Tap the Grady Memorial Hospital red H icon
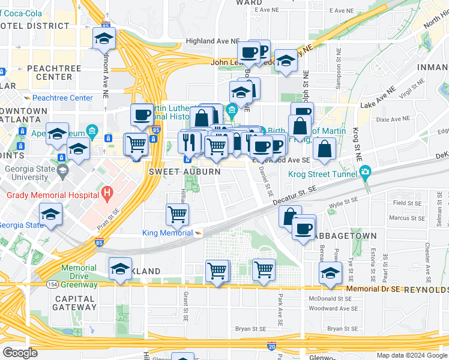click(107, 194)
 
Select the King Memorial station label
click(167, 233)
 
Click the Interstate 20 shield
click(272, 346)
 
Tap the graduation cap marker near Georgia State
click(51, 214)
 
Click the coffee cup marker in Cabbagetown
click(304, 227)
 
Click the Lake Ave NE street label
click(379, 98)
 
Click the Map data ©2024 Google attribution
click(411, 355)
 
